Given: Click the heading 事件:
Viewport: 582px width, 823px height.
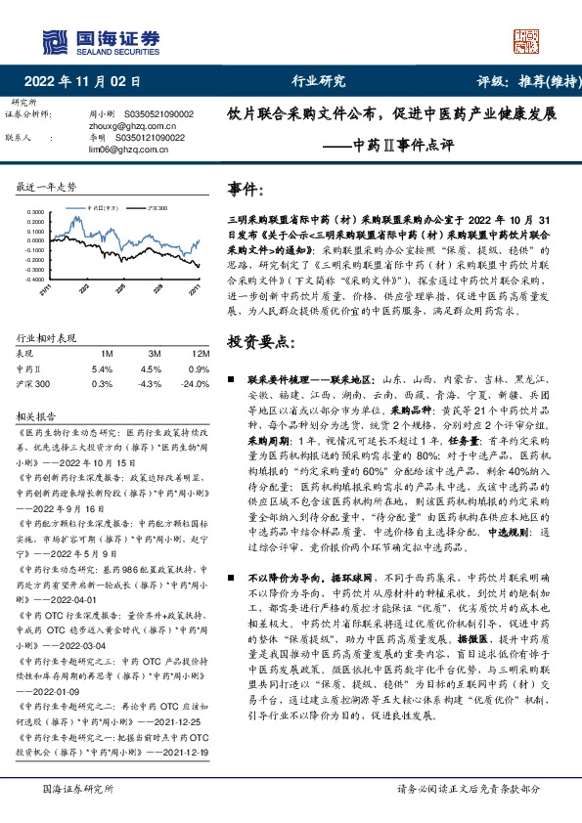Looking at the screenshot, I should tap(246, 187).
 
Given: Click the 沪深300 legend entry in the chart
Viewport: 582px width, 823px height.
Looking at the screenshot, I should tap(157, 208).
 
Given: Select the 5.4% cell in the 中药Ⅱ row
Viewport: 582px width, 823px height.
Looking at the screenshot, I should tap(102, 368).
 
